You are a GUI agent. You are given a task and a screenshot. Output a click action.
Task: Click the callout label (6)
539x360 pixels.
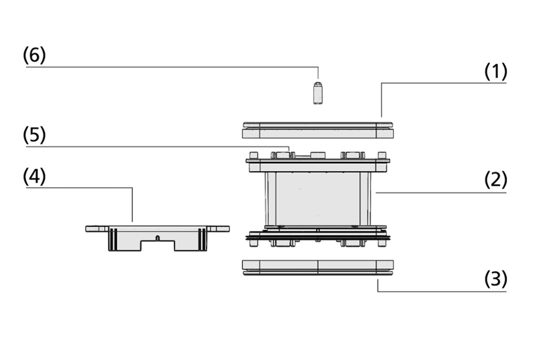click(x=34, y=55)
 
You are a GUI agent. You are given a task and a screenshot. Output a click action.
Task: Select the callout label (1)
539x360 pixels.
click(x=495, y=71)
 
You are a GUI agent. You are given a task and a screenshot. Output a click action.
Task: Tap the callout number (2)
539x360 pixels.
click(x=495, y=180)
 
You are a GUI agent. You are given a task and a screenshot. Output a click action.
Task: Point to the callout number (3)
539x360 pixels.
click(x=495, y=279)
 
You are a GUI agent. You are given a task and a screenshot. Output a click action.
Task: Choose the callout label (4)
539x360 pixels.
click(x=34, y=177)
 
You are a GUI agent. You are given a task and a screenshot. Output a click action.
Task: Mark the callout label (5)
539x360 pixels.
click(x=34, y=135)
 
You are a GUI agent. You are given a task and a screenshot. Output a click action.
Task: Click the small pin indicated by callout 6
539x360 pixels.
click(x=318, y=93)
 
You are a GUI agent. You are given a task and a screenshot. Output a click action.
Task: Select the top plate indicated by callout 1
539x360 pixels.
click(x=318, y=131)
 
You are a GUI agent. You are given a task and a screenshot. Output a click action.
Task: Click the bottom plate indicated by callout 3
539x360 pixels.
click(x=318, y=268)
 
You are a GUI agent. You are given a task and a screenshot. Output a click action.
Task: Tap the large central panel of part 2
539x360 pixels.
click(x=318, y=199)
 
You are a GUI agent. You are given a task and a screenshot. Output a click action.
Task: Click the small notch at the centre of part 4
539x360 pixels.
click(x=157, y=238)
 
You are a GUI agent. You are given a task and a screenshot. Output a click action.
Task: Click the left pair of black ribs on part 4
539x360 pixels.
click(x=113, y=239)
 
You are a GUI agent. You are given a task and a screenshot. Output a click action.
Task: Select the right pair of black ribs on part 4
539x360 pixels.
click(x=202, y=239)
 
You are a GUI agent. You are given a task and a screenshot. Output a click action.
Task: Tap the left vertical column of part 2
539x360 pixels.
click(x=271, y=199)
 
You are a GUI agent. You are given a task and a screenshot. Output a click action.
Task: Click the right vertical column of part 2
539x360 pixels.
click(x=365, y=199)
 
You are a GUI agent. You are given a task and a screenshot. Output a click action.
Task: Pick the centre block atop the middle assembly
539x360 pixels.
click(x=318, y=156)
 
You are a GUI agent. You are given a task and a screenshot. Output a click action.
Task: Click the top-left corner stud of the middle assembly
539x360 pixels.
click(x=253, y=155)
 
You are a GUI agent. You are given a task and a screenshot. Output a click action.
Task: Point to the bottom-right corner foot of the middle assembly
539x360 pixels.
click(x=382, y=243)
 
